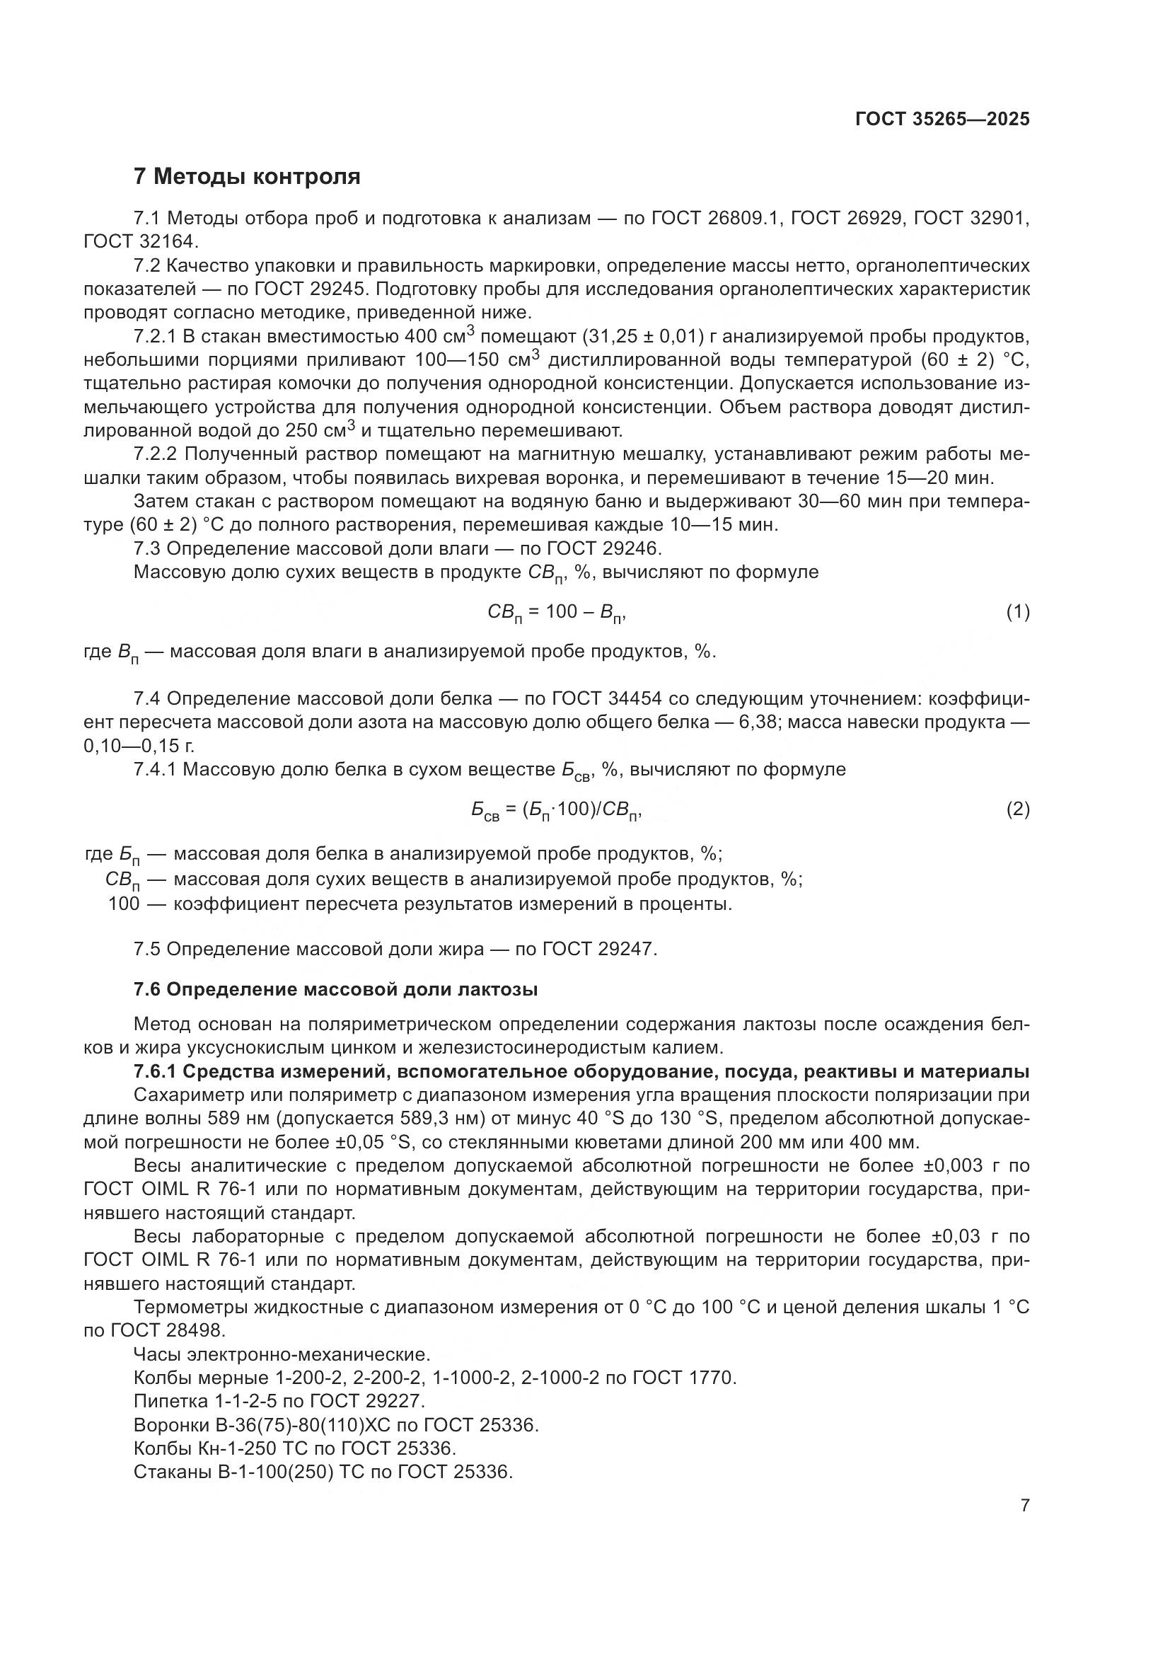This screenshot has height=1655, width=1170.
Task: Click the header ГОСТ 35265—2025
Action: [942, 120]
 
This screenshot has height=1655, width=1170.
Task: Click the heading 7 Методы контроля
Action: [247, 176]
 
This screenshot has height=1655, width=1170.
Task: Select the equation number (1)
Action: [1017, 612]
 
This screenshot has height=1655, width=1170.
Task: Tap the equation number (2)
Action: [1017, 809]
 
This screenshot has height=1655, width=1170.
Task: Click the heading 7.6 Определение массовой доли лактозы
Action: [336, 990]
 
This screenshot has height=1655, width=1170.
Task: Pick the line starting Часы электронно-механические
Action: [282, 1354]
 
